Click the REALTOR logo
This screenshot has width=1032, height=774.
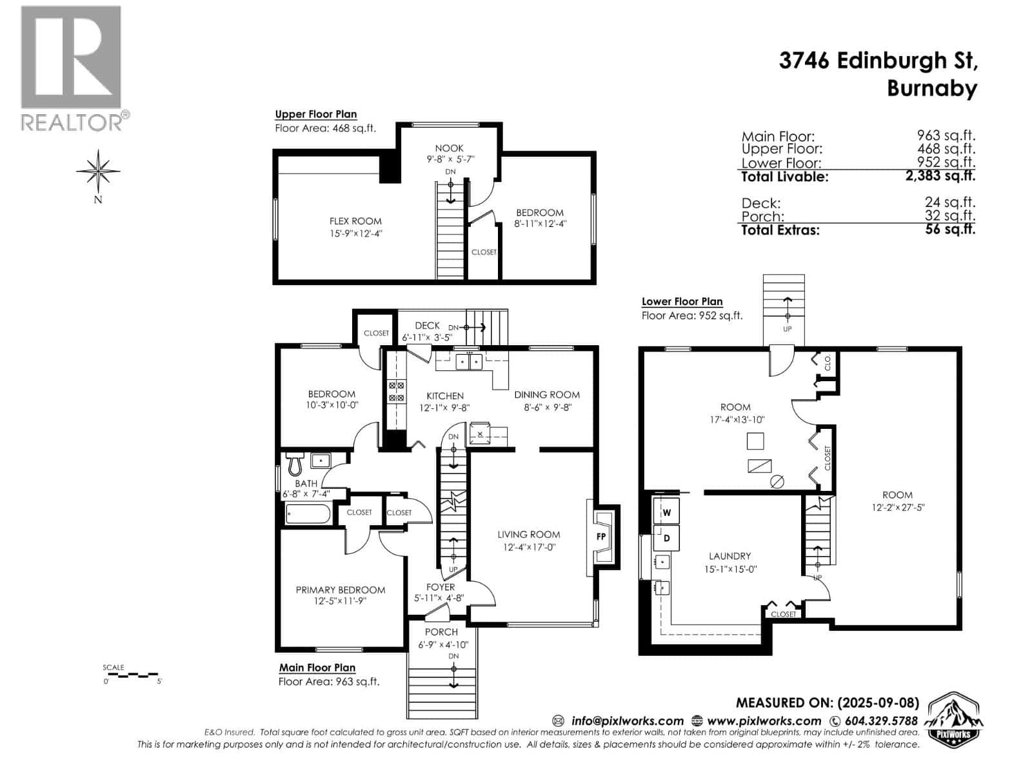[x=71, y=68]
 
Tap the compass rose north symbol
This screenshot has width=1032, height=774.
[x=98, y=172]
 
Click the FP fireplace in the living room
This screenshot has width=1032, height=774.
[x=601, y=536]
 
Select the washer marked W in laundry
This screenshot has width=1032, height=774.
[x=667, y=513]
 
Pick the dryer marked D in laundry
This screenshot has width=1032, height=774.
[x=667, y=538]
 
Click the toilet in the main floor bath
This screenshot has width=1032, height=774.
[x=295, y=463]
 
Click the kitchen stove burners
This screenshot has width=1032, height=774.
[x=395, y=392]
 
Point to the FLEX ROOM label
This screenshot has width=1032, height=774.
[x=355, y=221]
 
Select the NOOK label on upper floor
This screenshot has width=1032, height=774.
[x=449, y=148]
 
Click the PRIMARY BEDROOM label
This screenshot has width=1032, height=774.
[x=341, y=590]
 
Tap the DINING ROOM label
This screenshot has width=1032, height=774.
[x=546, y=395]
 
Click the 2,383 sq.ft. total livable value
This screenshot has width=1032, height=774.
[x=940, y=175]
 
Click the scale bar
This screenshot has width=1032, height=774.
[x=132, y=675]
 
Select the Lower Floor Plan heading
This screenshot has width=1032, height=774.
[x=682, y=301]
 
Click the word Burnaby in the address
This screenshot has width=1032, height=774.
[x=931, y=88]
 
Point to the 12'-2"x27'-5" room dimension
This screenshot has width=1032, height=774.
[x=897, y=507]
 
